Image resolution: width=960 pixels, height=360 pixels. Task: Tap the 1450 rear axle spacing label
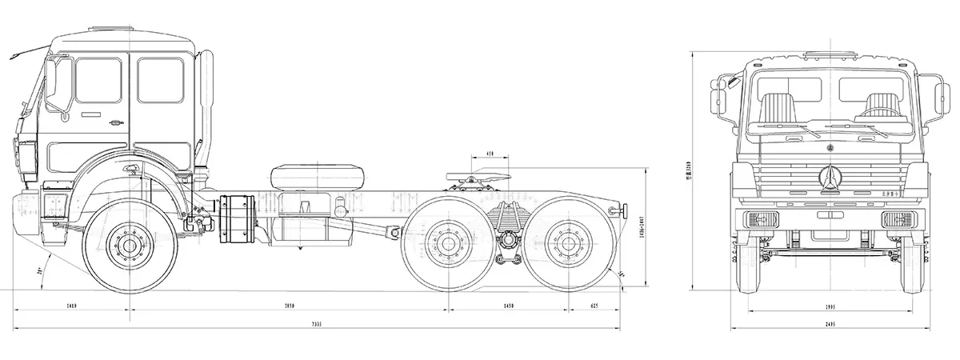point(510,306)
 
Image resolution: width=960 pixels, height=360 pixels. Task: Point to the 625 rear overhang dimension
point(594,306)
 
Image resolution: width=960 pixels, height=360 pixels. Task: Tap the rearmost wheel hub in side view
point(568,243)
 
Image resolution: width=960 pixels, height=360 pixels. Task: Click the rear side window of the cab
point(160,80)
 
